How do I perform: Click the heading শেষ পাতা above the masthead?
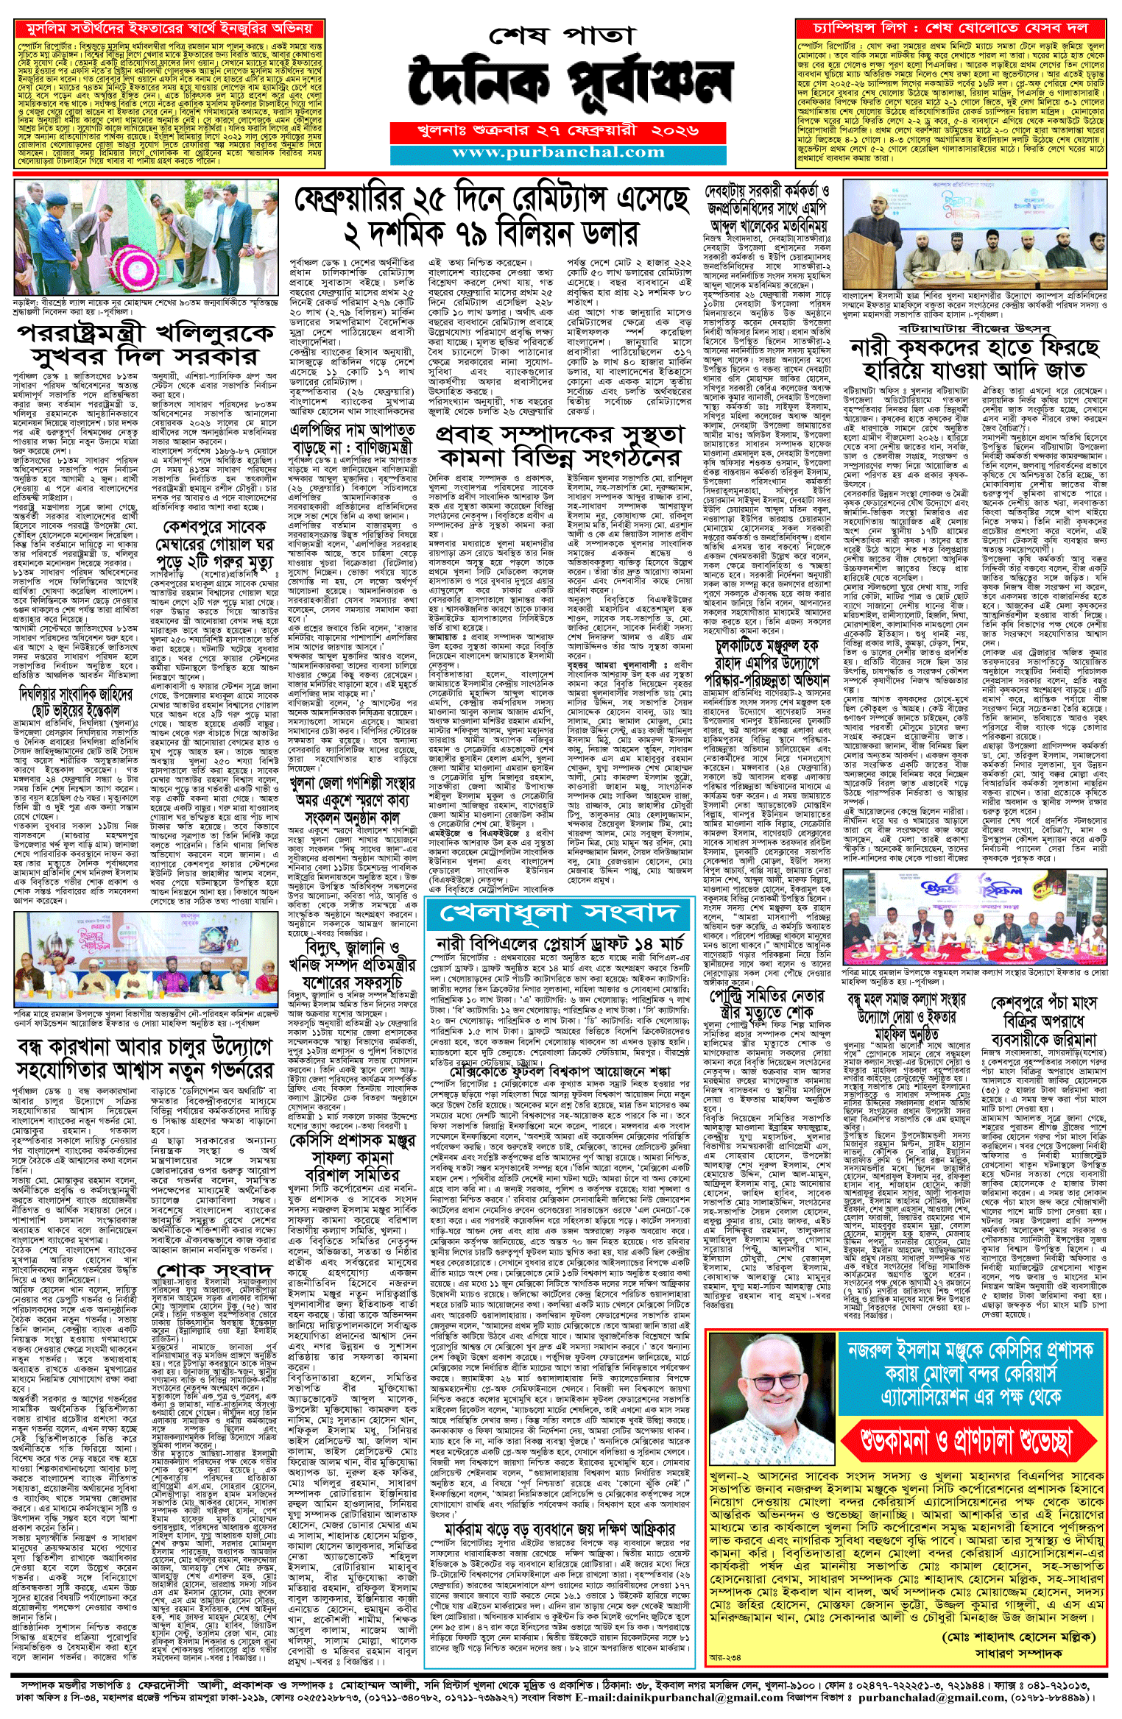click(561, 35)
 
